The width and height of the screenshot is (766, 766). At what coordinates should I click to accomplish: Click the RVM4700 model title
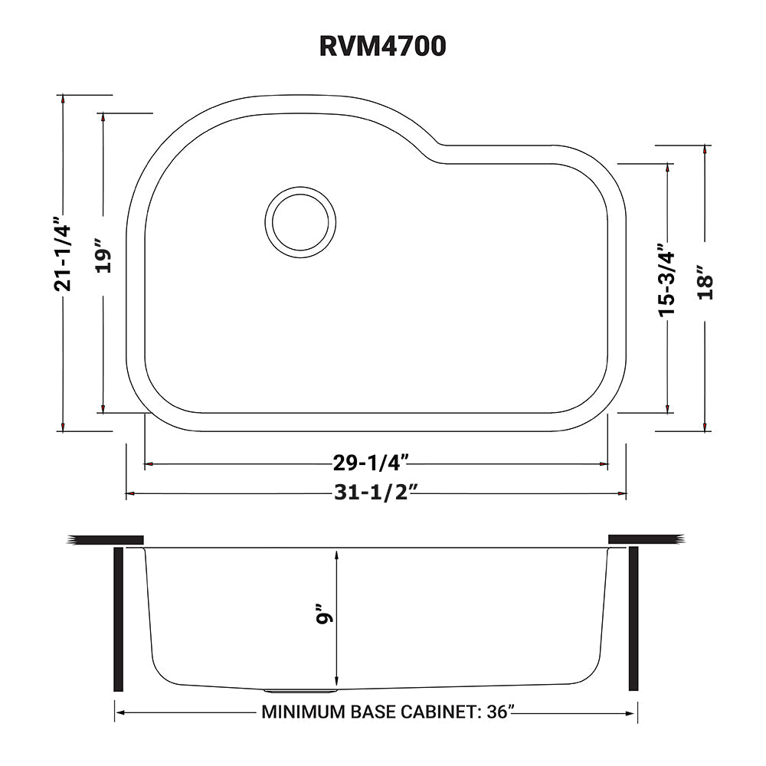pos(382,46)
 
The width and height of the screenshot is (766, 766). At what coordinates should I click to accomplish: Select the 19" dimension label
pos(104,260)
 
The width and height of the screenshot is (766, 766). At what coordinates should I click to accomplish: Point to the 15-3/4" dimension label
pos(666,280)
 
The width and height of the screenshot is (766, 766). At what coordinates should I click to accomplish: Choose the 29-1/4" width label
pos(375,462)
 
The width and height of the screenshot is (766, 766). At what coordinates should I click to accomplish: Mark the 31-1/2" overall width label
pos(375,493)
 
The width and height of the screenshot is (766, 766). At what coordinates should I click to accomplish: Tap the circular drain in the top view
pos(300,223)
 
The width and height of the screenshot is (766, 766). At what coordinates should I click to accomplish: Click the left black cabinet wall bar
pos(119,619)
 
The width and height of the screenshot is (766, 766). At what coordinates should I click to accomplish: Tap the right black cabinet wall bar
pos(633,619)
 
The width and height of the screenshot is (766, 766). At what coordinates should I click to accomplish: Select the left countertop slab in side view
pos(106,539)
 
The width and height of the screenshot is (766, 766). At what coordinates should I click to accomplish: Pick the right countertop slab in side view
pos(643,539)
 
